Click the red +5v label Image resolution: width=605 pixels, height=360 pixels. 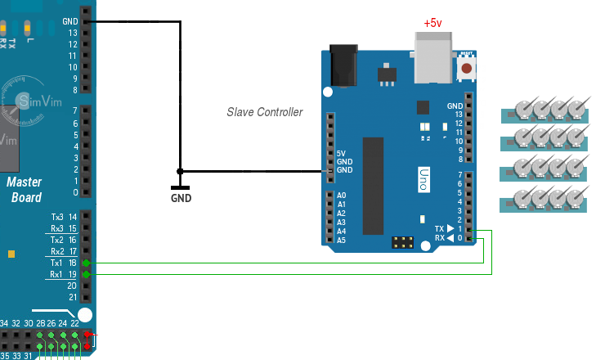(432, 22)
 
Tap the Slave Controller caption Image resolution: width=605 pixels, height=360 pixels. (264, 112)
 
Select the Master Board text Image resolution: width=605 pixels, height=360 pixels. (25, 190)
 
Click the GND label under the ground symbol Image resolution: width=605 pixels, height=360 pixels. (181, 198)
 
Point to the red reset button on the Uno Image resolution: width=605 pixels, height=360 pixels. (466, 69)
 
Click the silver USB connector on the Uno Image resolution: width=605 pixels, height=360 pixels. (435, 58)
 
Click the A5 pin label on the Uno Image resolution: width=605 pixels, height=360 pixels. (342, 240)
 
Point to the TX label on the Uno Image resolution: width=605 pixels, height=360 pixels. (440, 229)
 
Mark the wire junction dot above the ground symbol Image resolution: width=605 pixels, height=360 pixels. (181, 171)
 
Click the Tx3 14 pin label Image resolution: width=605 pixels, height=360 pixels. (63, 217)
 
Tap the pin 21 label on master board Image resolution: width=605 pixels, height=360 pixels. (73, 297)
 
